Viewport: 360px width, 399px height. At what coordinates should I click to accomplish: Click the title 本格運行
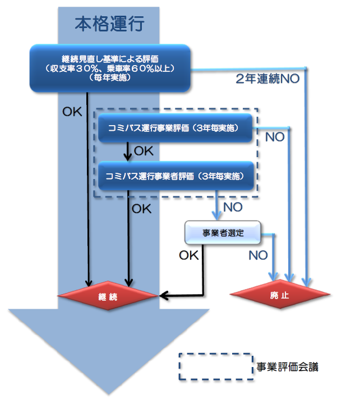110,24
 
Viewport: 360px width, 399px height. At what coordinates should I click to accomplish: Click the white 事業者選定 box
223,232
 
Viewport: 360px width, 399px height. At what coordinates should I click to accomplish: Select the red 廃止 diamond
279,296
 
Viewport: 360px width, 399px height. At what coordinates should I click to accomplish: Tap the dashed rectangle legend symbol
216,368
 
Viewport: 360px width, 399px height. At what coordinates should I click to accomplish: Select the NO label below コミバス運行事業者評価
232,208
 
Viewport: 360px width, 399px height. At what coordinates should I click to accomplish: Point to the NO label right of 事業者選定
258,256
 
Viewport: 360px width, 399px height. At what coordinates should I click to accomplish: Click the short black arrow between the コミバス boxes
129,151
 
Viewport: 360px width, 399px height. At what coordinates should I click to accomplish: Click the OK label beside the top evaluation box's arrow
71,112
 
